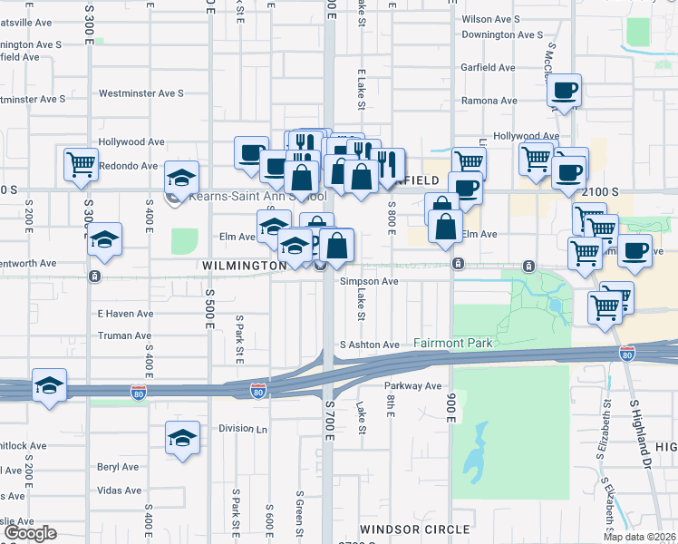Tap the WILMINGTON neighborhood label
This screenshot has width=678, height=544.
tap(245, 265)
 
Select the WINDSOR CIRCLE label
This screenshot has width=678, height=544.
tap(414, 529)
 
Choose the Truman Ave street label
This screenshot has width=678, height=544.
tap(124, 335)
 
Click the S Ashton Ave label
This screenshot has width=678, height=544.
tap(370, 345)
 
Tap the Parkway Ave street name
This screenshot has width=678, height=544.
tap(414, 385)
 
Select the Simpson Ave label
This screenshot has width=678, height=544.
tap(369, 281)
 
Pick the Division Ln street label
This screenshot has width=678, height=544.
tap(244, 429)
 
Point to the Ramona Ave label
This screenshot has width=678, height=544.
tap(489, 101)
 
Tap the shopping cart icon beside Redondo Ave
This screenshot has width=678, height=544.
tap(81, 164)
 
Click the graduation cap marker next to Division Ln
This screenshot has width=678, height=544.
tap(182, 438)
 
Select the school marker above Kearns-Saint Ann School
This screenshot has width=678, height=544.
tap(181, 176)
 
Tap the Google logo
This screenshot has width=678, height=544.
tap(29, 533)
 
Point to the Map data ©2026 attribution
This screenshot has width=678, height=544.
tap(640, 537)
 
